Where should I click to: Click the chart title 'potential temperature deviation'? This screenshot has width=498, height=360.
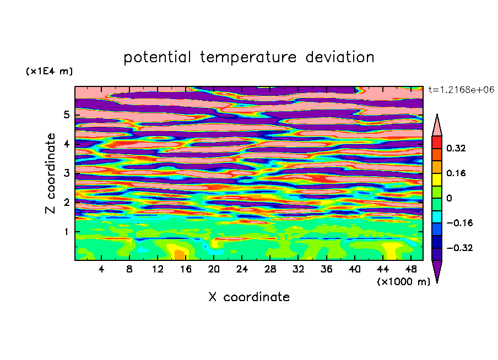pos(249,57)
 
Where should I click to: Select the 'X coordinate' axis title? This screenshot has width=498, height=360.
pos(249,297)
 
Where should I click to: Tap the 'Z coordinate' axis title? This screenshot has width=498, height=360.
pos(51,173)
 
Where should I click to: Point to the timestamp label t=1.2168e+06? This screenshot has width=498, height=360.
pos(461,90)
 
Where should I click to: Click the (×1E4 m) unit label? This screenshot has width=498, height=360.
pos(49,71)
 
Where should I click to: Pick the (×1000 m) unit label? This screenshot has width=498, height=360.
pos(403,282)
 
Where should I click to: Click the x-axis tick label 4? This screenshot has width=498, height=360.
pos(101,269)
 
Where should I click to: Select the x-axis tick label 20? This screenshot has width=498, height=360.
pos(214,269)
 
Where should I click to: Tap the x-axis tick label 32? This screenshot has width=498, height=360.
pos(298,269)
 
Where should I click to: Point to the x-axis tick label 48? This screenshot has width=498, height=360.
pos(411,269)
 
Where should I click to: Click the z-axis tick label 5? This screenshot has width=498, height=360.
pos(66,114)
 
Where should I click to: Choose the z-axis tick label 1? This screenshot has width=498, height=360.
pos(66,232)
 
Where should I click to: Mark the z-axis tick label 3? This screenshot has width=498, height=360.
pos(66,173)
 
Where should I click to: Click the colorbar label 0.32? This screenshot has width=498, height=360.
pos(456,148)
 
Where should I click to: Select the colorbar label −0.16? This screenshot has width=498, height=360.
pos(459,223)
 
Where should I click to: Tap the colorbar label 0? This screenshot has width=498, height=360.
pos(449,198)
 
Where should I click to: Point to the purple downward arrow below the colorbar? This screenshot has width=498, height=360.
pos(437,271)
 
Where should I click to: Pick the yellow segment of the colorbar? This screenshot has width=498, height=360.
pos(437,179)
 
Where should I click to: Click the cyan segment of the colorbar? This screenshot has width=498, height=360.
pos(437,217)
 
